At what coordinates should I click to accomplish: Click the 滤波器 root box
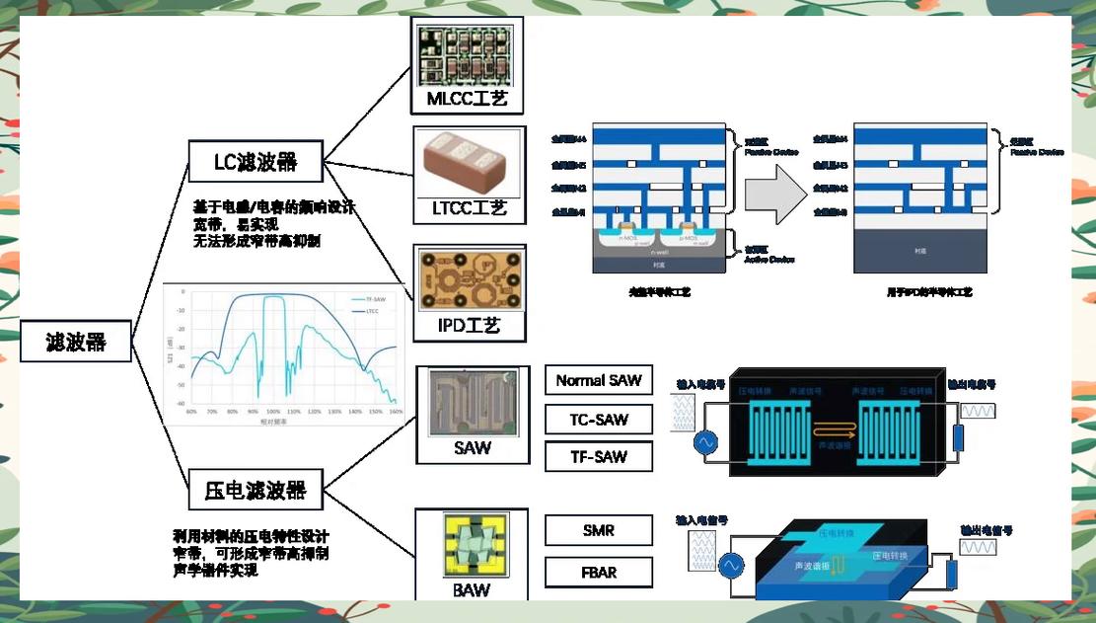(76, 342)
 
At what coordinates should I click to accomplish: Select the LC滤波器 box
(256, 161)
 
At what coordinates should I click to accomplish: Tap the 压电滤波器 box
(256, 490)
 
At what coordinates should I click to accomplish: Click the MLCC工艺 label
(467, 100)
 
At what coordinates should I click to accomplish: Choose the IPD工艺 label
(469, 324)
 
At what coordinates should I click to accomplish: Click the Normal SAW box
(599, 380)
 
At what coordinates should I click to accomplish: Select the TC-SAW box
(599, 419)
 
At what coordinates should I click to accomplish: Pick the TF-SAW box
(599, 456)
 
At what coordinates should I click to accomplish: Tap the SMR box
(599, 530)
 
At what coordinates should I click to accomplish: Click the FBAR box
(599, 573)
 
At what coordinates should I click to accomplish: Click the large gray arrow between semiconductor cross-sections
(775, 195)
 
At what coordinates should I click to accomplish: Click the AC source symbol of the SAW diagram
(706, 443)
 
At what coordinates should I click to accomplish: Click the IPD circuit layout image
(469, 280)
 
